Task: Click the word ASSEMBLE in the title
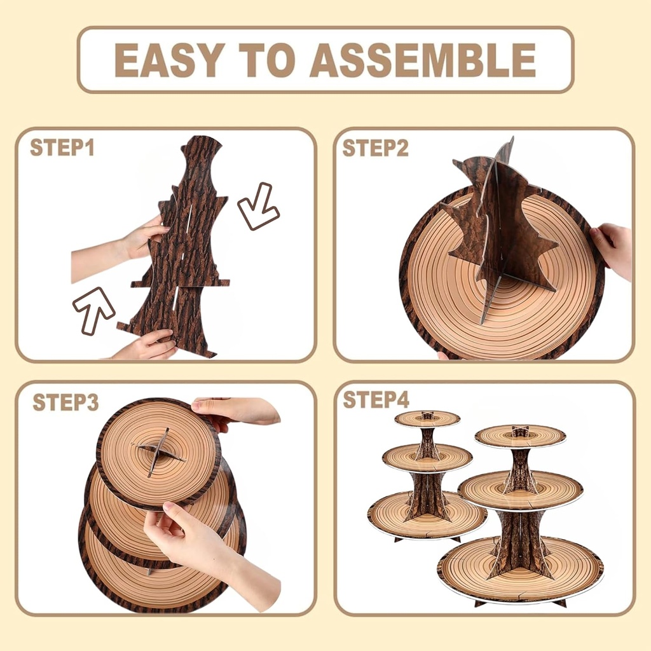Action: point(423,60)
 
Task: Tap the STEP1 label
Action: point(62,147)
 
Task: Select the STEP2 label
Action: point(375,147)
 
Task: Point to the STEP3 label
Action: point(65,402)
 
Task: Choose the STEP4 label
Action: point(376,400)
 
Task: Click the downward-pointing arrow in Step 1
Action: point(258,207)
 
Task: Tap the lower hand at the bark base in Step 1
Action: point(145,346)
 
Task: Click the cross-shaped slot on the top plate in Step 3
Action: point(158,452)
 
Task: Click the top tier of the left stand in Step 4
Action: point(427,418)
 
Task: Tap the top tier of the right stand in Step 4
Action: point(520,435)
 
